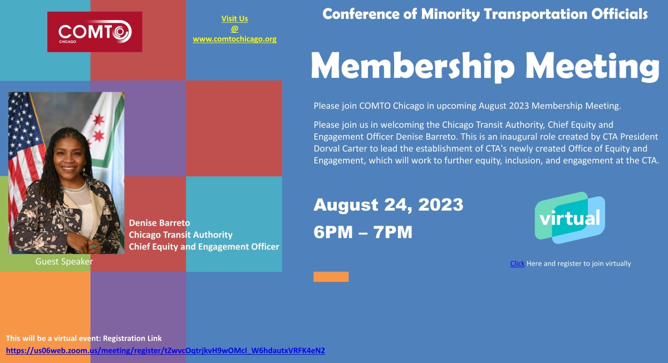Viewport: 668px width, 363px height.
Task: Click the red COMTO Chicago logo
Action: [x=95, y=32]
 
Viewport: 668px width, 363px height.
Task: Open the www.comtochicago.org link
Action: [x=234, y=39]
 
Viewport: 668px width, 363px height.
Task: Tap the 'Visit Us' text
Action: [x=234, y=18]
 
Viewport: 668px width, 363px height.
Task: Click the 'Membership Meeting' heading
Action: [x=484, y=66]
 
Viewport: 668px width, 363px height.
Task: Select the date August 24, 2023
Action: [x=388, y=205]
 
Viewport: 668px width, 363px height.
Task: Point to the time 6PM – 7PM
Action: [x=363, y=232]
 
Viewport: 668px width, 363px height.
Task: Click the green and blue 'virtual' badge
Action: [x=569, y=217]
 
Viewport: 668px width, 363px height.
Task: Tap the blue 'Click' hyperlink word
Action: [x=517, y=263]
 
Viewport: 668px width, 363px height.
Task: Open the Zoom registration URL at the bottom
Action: [x=165, y=351]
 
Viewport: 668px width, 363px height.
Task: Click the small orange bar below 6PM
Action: [x=331, y=277]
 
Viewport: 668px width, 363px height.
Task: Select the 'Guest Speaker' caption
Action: [x=64, y=261]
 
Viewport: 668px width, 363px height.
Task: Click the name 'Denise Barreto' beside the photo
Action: [x=159, y=223]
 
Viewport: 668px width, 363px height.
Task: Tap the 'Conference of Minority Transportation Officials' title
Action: [x=484, y=14]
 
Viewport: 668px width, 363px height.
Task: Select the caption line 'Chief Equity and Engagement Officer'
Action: [x=204, y=246]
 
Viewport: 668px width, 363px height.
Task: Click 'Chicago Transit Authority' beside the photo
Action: [x=180, y=235]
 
